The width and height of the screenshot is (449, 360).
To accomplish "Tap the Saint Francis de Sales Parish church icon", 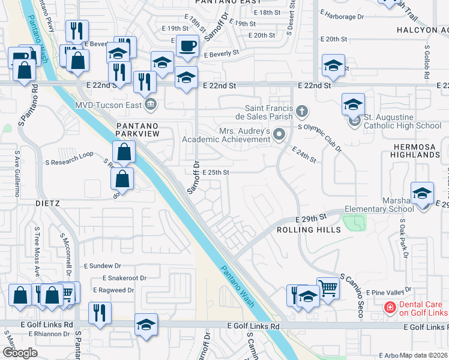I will pyautogui.click(x=302, y=111).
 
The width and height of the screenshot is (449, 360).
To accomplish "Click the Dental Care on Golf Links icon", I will pyautogui.click(x=390, y=308).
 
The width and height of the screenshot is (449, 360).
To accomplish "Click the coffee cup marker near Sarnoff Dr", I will pyautogui.click(x=187, y=46).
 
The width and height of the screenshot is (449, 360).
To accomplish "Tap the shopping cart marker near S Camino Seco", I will pyautogui.click(x=328, y=289).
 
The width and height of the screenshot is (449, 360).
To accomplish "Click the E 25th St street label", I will pyautogui.click(x=216, y=172).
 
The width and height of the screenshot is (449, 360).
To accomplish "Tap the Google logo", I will pyautogui.click(x=20, y=352).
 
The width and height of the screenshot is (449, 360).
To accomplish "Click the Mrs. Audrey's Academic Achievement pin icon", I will pyautogui.click(x=279, y=134).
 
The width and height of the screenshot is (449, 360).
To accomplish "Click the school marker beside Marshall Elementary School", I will pyautogui.click(x=423, y=194).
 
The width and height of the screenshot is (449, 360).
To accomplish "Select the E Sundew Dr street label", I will pyautogui.click(x=103, y=265).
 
